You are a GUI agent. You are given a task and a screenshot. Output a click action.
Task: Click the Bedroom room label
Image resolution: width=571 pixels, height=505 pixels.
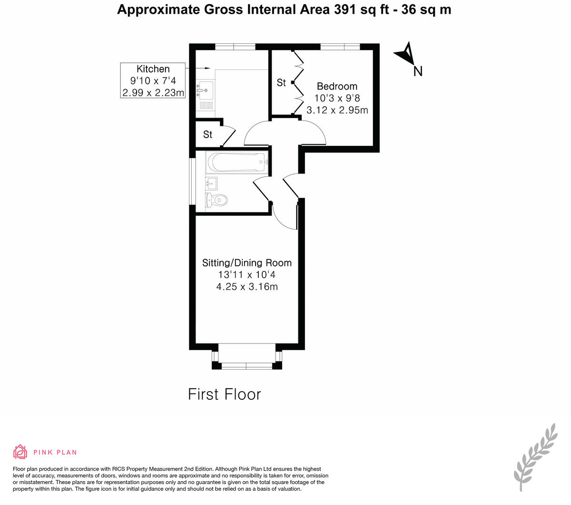click(x=337, y=86)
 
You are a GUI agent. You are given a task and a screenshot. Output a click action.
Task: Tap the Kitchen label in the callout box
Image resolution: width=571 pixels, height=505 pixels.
click(x=153, y=69)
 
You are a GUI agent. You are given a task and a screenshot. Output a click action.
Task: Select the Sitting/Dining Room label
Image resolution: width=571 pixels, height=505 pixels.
click(x=246, y=263)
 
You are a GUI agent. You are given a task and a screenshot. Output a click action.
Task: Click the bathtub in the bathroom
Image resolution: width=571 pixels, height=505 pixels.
click(x=237, y=162)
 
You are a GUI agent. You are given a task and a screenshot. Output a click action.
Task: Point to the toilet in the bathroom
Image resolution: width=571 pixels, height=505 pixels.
click(x=216, y=200)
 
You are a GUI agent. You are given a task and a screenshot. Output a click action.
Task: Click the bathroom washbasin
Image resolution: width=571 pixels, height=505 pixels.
click(x=211, y=184)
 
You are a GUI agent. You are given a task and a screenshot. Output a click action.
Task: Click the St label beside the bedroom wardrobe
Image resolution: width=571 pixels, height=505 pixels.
click(x=281, y=83)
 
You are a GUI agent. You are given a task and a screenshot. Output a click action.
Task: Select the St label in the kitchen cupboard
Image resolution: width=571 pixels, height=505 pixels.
click(x=208, y=134)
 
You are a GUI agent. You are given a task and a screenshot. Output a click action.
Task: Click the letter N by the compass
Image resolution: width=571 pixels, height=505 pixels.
click(x=418, y=71)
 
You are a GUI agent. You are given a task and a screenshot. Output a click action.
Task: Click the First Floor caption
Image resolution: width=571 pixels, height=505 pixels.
click(x=224, y=394)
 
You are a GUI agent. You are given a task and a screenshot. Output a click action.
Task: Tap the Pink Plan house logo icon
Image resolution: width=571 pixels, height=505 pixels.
click(x=20, y=452)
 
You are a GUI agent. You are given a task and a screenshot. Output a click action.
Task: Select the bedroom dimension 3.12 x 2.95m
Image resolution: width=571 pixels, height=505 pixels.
click(x=337, y=110)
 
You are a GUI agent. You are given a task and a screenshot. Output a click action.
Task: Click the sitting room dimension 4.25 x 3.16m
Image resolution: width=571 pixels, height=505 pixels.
click(x=247, y=286)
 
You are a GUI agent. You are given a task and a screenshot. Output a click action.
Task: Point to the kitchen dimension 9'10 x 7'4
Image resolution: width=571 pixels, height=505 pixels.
click(x=153, y=81)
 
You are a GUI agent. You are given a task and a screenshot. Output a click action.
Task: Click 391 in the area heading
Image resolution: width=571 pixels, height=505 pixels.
click(x=344, y=10)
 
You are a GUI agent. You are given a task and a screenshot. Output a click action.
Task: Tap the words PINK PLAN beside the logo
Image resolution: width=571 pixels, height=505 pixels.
click(x=55, y=453)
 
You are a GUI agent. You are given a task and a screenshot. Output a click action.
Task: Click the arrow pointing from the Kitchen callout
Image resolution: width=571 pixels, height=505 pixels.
click(x=197, y=68)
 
